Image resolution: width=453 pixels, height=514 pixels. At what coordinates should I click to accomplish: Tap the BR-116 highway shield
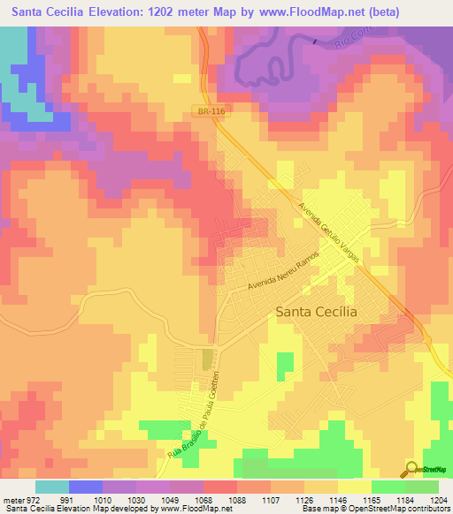(205, 110)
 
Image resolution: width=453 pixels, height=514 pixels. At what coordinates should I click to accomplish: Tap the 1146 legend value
(348, 499)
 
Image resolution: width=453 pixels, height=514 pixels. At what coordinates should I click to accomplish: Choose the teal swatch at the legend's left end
(52, 486)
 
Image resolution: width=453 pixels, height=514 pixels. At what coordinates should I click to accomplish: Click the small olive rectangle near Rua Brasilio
(208, 359)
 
